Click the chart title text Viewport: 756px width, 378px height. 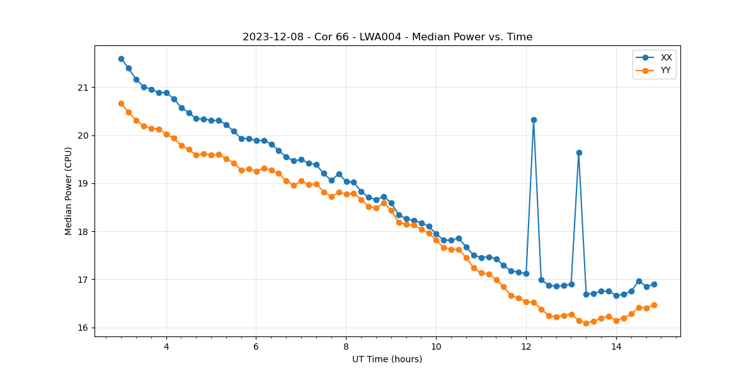[387, 37]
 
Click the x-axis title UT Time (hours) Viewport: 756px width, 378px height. [387, 359]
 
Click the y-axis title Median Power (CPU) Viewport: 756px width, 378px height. [69, 191]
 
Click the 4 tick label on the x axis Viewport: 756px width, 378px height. [166, 346]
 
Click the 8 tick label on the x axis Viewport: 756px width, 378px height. [346, 346]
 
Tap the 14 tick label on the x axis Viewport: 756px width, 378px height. [616, 346]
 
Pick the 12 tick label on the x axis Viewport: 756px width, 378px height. [526, 346]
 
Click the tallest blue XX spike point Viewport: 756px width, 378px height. [534, 120]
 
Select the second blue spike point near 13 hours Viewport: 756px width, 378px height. [579, 152]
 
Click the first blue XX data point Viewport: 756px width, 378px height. [121, 59]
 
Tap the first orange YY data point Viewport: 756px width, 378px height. [121, 103]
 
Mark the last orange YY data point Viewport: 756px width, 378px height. [654, 305]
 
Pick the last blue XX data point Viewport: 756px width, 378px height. [654, 284]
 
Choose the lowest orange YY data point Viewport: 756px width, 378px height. [586, 323]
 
